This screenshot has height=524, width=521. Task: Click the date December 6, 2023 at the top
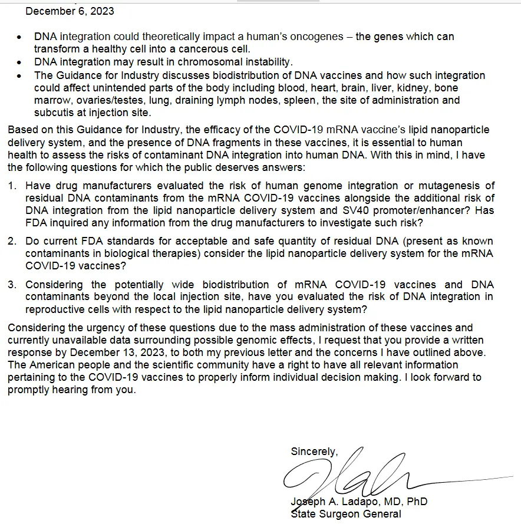tap(70, 11)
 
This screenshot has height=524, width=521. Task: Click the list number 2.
tap(12, 242)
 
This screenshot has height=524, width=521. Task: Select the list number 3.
tap(12, 285)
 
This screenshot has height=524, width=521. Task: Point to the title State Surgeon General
tap(346, 514)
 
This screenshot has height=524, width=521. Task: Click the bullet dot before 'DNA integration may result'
tap(20, 62)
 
